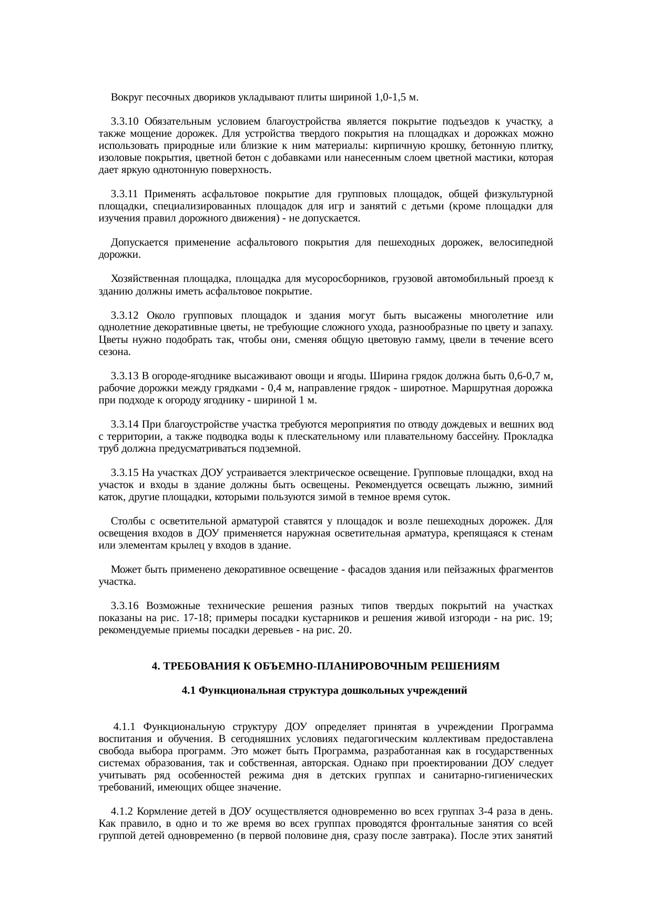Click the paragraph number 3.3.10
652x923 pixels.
(125, 122)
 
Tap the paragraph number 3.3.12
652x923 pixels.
(125, 316)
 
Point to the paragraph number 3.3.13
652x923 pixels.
(125, 376)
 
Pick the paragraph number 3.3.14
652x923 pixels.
(125, 424)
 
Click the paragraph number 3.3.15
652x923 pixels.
(125, 473)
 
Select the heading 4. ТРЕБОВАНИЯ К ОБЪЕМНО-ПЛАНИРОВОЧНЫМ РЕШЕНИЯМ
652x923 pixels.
(325, 666)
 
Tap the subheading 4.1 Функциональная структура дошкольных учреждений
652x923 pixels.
(324, 691)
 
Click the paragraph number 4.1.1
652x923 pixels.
(126, 727)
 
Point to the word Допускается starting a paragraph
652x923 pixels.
(139, 242)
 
